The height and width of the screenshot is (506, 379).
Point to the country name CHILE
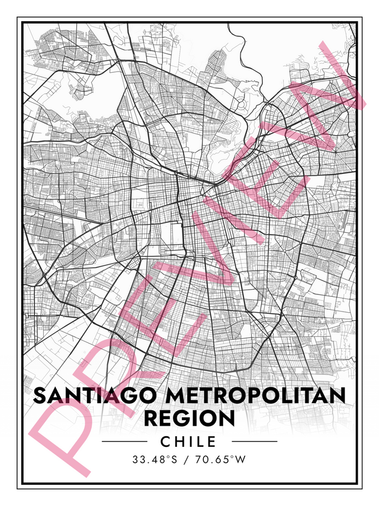tap(189, 442)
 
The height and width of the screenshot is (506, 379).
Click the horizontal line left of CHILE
tap(124, 442)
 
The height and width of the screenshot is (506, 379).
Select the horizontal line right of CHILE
tap(254, 442)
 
